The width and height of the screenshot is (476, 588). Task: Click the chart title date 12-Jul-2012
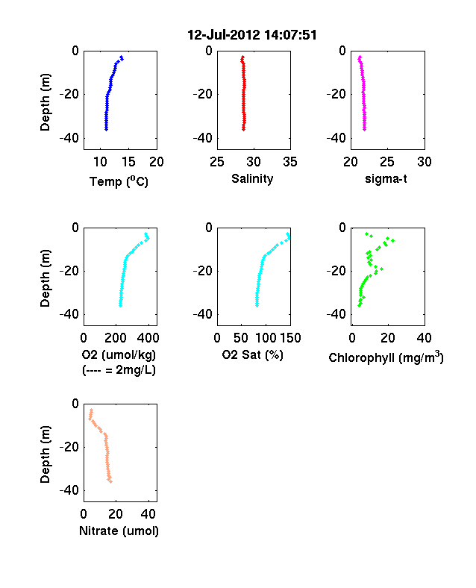pos(223,35)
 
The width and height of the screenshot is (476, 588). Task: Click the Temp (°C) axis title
pos(119,181)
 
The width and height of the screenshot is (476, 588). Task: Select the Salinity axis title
pos(252,178)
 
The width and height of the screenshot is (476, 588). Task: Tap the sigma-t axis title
pos(386,179)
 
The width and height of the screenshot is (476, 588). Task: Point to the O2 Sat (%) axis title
pos(253,354)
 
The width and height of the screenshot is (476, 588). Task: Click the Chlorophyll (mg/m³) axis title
pos(386,357)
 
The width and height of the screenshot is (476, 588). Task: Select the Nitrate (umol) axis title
pos(119,531)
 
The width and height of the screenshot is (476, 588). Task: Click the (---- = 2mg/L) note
pos(119,370)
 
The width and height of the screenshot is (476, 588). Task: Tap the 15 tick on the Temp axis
pos(128,162)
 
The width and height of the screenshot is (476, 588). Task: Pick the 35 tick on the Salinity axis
pos(290,162)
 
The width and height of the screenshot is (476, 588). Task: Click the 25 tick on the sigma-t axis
pos(386,162)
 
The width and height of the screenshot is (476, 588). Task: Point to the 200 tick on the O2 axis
pos(116,338)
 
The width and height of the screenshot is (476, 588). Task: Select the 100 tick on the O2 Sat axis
pos(266,338)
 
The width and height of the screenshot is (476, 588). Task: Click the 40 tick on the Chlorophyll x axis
pos(424,338)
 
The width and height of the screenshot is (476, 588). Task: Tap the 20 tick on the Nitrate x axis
pos(116,514)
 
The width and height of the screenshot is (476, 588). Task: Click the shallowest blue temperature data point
pos(121,57)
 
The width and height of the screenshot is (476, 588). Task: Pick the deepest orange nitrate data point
pos(110,481)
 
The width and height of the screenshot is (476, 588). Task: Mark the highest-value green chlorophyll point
pos(392,240)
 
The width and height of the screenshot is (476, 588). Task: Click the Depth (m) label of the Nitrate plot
pos(45,454)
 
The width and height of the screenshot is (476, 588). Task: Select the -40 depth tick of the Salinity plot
pos(202,138)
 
